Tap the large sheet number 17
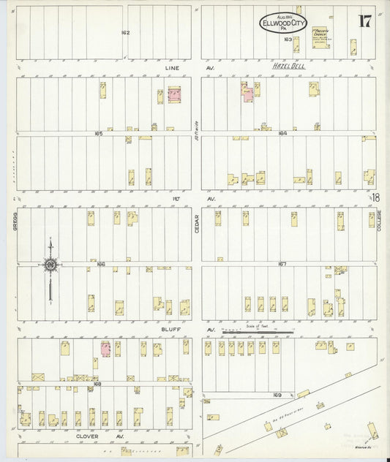[x=364, y=20]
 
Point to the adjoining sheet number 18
[x=375, y=198]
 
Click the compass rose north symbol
[x=50, y=265]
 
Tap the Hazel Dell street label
[x=288, y=67]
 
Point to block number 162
[x=125, y=33]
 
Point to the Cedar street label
[x=196, y=224]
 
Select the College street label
[x=380, y=222]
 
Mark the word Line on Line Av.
[x=172, y=67]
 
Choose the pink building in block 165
[x=174, y=95]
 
